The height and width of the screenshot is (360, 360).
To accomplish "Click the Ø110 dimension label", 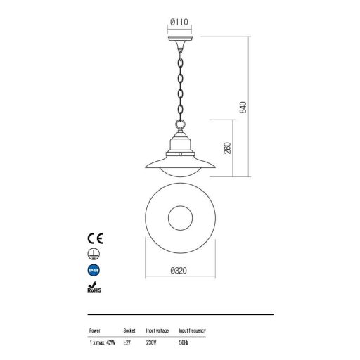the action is click(x=179, y=22).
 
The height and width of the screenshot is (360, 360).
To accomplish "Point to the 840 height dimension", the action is click(x=243, y=108).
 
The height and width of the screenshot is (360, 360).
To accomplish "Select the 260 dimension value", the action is click(x=227, y=148).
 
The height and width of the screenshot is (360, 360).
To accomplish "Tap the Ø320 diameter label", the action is click(x=179, y=271).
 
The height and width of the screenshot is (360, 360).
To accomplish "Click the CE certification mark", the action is click(x=95, y=238).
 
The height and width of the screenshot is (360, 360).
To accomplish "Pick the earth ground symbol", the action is click(x=94, y=255).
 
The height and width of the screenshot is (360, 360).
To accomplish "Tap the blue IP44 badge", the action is click(x=94, y=270).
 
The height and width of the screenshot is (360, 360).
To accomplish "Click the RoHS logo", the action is click(x=94, y=288).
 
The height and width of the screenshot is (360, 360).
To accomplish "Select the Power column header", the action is click(x=95, y=330).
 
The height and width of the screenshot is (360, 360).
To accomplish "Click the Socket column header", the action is click(x=129, y=330).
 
